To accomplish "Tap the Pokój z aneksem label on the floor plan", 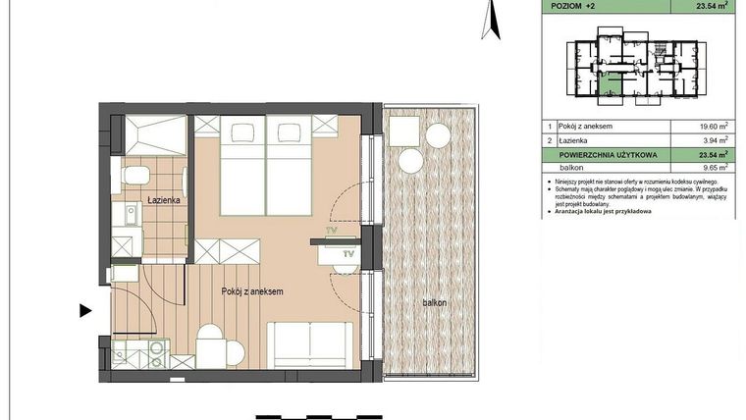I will tap(252, 291).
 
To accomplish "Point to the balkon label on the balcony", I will tap(434, 302).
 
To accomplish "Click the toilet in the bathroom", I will tap(134, 176).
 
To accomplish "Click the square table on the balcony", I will tap(403, 129).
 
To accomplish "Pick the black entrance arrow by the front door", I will tap(85, 312).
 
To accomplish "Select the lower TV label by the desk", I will tap(347, 254).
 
